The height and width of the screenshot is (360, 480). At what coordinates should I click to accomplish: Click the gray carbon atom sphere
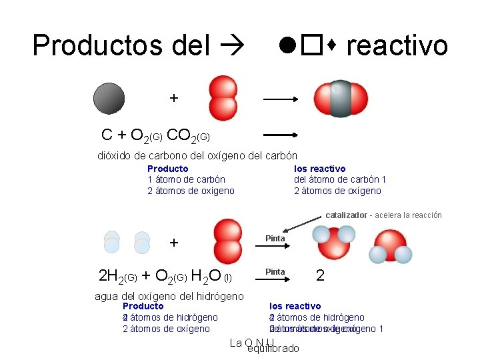coord(109,98)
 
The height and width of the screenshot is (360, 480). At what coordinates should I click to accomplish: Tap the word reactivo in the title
coord(397,45)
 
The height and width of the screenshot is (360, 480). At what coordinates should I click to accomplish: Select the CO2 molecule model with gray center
coord(340,99)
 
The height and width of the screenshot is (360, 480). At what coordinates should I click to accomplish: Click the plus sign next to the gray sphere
coord(174,98)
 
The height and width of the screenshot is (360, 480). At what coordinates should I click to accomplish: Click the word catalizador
coord(346,215)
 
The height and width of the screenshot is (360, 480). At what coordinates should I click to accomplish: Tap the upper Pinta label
coord(275,238)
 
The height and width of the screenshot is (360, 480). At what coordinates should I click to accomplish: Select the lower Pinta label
coord(275,271)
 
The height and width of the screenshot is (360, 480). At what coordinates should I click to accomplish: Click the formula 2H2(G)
coord(117,275)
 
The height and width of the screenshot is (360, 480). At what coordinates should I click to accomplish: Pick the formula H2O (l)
coord(211,275)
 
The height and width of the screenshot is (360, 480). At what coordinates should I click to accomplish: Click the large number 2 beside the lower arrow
coord(321,275)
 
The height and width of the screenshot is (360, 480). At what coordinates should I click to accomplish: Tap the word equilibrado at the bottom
coord(273,349)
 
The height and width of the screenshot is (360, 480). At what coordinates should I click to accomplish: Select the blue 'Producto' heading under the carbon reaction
coord(167,169)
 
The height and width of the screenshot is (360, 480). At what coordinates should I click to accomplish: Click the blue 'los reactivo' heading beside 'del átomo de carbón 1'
coord(320,169)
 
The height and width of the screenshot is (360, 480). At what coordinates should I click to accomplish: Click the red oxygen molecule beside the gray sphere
coord(223,98)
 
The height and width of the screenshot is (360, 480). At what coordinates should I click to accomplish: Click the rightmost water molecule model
coord(390,246)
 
